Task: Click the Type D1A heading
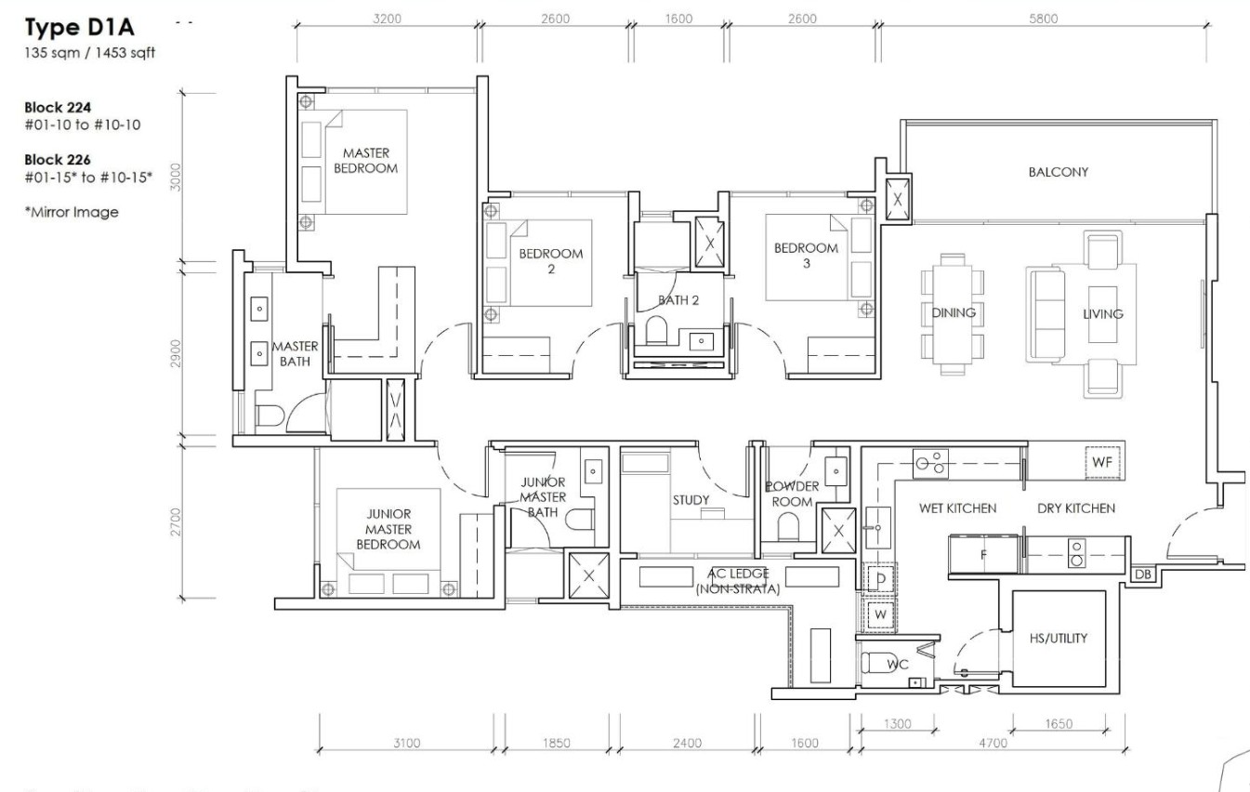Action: coord(81,28)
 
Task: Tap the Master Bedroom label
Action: coord(365,160)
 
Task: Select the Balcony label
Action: coord(1058,172)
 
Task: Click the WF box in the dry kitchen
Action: coord(1102,460)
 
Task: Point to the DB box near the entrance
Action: coord(1143,575)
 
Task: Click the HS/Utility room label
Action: coord(1058,639)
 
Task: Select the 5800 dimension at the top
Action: coord(1042,20)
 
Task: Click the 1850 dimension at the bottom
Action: coord(556,743)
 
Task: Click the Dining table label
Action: coord(954,313)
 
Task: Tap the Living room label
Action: coord(1102,314)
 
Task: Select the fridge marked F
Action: coord(982,555)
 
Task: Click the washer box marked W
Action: coord(878,614)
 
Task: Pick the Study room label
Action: coord(691,500)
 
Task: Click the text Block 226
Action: coord(57,159)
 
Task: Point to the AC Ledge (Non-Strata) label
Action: coord(737,580)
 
